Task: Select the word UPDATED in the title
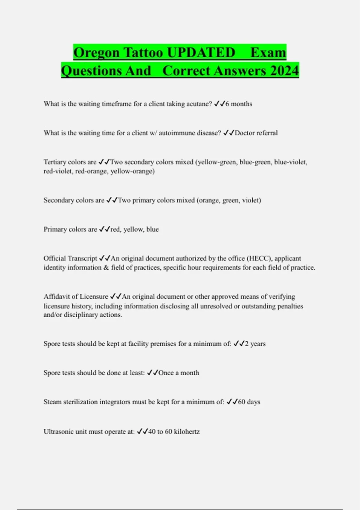pos(201,53)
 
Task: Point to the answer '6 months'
pos(239,104)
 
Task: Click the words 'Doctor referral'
pos(256,133)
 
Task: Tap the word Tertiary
pos(55,162)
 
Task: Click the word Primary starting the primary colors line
pos(55,229)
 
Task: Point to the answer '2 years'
pos(255,344)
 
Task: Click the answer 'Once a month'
pos(178,373)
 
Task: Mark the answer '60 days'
pos(249,402)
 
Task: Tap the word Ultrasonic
pos(59,432)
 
